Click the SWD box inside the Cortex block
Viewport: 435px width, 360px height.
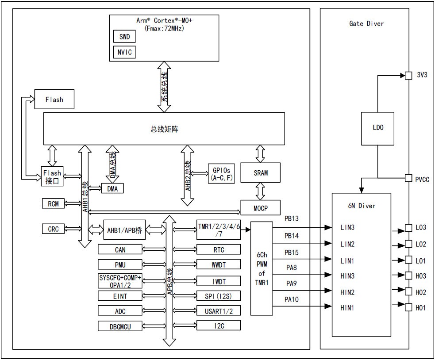124,36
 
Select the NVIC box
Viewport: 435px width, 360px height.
124,52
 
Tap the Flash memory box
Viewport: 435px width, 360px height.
54,100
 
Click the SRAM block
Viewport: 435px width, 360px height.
261,172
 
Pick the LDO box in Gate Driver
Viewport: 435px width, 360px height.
377,128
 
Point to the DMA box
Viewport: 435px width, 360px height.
112,188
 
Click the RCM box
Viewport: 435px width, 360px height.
53,203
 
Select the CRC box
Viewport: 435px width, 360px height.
53,229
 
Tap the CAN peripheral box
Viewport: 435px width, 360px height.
120,250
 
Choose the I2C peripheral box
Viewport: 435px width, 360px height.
219,326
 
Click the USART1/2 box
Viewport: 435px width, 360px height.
219,311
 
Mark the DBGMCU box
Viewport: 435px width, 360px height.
120,326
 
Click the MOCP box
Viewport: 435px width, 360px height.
261,207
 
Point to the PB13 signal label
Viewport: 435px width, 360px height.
291,219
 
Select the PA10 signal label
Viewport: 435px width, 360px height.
291,299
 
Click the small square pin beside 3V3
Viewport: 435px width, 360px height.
408,75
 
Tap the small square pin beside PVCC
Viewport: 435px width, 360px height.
408,179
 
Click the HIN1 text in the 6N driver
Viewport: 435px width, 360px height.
346,307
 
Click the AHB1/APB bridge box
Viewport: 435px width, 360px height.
124,230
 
